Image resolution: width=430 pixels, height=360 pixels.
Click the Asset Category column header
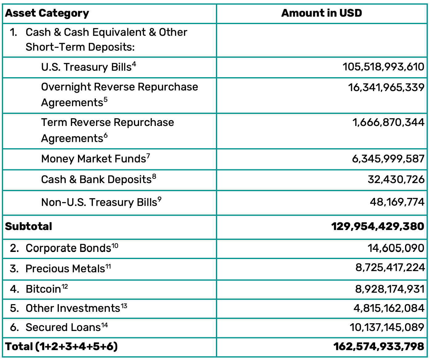point(47,13)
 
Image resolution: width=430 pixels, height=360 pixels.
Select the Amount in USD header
point(321,13)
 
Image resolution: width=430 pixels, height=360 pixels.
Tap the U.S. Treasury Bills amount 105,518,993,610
point(383,67)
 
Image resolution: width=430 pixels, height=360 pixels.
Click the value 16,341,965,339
point(386,87)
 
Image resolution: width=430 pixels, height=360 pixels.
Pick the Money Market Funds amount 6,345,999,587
point(388,159)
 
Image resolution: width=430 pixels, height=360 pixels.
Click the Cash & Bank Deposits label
point(96,179)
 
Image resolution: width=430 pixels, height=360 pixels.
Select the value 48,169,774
point(397,202)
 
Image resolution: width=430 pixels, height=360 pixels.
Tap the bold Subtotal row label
point(29,226)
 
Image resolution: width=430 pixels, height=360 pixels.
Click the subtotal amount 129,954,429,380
point(378,226)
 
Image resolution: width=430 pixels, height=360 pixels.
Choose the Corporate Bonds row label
point(68,248)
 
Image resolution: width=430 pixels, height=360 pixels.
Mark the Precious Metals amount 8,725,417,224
point(390,267)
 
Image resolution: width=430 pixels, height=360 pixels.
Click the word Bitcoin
point(43,289)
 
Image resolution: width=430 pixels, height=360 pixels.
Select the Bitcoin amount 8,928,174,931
point(390,289)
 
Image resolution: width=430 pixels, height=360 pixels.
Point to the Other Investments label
point(73,308)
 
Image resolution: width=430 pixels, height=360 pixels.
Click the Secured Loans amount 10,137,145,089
point(387,327)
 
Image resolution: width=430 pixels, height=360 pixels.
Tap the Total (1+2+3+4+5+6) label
point(61,346)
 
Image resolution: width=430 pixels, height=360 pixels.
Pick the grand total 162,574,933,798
point(378,346)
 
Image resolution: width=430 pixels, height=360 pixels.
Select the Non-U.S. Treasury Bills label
point(99,202)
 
